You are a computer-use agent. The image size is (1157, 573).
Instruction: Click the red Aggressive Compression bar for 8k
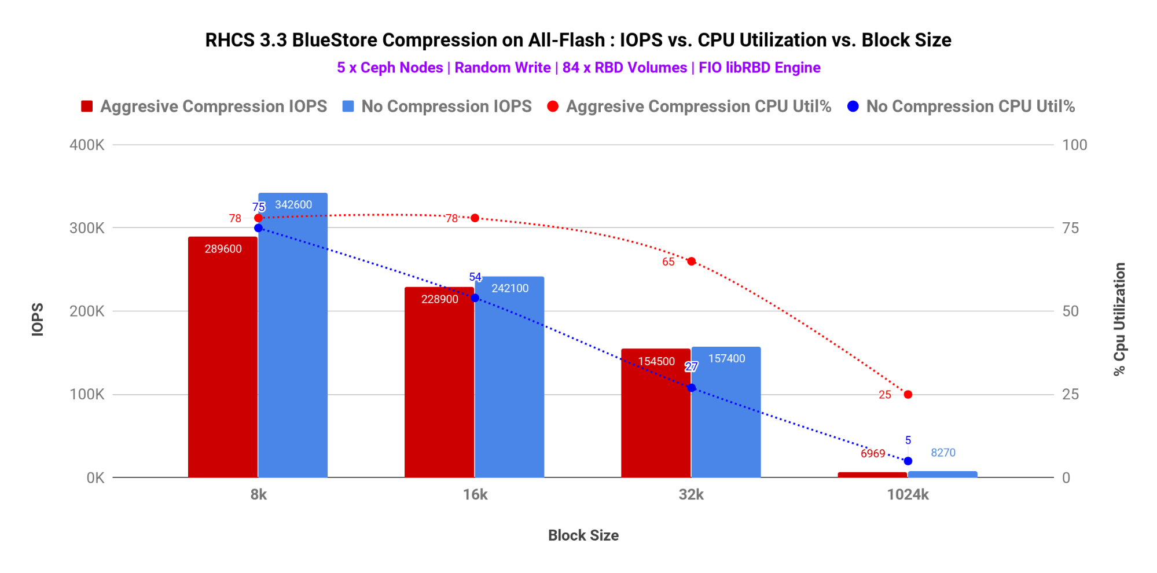coord(223,359)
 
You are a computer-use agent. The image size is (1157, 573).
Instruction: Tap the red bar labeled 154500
coord(656,417)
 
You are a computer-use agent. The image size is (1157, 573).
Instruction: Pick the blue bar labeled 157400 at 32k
coord(726,417)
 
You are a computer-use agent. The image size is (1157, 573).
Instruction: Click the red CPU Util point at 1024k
coord(908,395)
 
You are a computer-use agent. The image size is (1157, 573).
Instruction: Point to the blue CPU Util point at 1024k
coord(908,461)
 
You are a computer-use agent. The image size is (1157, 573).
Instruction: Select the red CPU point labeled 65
coord(691,262)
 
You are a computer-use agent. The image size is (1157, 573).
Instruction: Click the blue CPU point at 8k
coord(258,228)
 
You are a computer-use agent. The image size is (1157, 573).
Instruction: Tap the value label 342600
coord(293,205)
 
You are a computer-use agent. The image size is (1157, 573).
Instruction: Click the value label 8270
coord(943,453)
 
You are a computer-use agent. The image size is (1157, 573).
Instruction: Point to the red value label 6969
coord(873,454)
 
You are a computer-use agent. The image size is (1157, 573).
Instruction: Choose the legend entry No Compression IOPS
coord(446,106)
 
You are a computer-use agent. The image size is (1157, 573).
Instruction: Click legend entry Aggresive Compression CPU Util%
coord(698,106)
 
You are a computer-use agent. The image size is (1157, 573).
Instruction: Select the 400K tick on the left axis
coord(87,145)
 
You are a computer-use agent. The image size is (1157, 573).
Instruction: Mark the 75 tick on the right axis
coord(1070,228)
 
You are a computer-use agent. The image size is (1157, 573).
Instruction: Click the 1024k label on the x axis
coord(908,495)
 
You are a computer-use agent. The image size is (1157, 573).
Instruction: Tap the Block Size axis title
coord(583,535)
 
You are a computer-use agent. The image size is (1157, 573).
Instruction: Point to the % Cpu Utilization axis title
coord(1119,319)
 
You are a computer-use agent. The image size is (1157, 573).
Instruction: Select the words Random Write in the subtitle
coord(502,68)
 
